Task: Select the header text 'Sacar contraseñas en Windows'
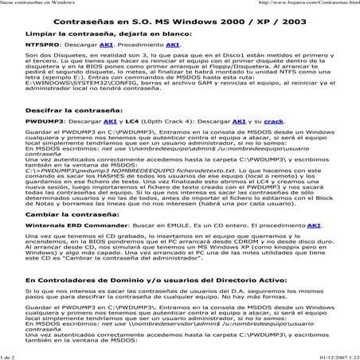coord(35,4)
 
